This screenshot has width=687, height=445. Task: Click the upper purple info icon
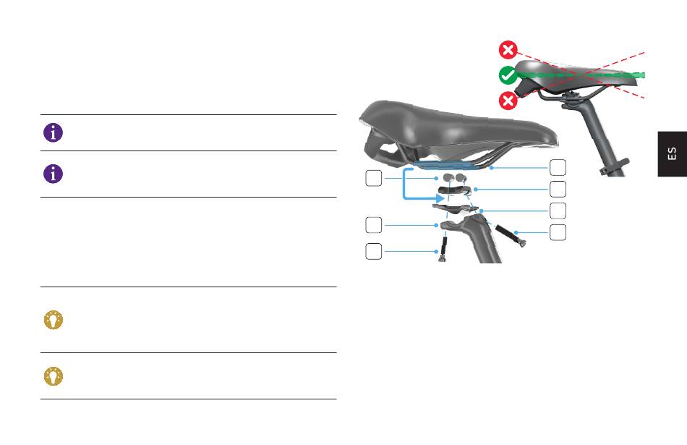[53, 132]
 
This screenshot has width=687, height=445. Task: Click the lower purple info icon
[53, 174]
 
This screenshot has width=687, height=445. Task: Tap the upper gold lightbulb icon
[54, 320]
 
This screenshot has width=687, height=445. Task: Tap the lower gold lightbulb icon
[54, 376]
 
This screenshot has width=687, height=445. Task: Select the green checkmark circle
[508, 75]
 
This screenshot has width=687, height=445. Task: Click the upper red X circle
[508, 50]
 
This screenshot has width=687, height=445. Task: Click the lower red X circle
[508, 101]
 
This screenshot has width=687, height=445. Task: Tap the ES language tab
[672, 154]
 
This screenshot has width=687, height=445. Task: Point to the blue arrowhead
[440, 198]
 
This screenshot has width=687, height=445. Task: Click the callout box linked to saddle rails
[558, 167]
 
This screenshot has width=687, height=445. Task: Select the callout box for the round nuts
[374, 178]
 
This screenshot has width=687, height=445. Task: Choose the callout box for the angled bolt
[558, 232]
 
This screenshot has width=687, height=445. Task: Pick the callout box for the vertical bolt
[374, 251]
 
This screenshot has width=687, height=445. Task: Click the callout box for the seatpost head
[374, 225]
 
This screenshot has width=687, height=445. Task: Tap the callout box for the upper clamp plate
[558, 189]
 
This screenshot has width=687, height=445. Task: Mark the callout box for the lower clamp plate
[558, 211]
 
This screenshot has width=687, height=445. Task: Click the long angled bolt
[511, 236]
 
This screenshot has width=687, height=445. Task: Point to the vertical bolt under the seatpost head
[443, 250]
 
